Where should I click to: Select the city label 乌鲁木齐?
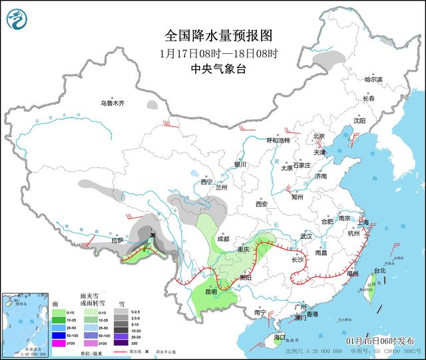coord(112,103)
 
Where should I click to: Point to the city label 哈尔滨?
coord(374,79)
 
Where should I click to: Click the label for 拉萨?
coord(118,240)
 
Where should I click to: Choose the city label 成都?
coord(222,238)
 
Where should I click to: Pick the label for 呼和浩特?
coord(278,140)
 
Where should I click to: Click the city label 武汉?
coord(306,236)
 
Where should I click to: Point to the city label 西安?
coord(260,204)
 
